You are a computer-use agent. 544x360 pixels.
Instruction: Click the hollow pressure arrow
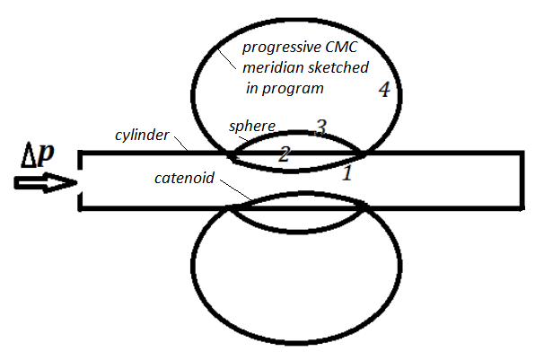40,183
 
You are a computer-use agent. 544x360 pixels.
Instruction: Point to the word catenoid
184,179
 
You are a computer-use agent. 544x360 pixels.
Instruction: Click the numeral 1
349,173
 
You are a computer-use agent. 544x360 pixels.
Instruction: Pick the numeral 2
284,154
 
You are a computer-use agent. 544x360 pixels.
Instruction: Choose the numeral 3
320,127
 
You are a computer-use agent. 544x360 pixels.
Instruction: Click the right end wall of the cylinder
522,180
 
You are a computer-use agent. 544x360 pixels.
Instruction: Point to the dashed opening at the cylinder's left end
81,180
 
